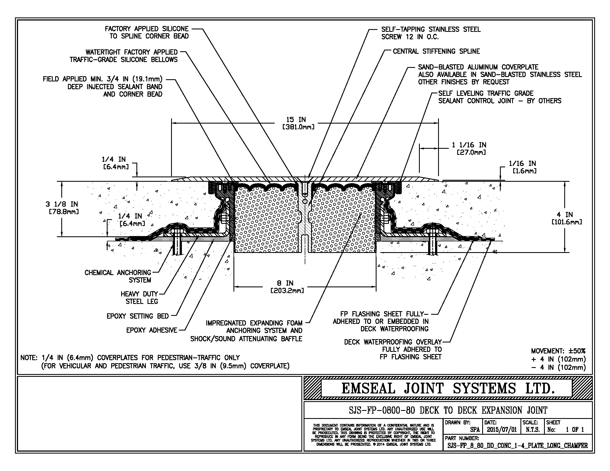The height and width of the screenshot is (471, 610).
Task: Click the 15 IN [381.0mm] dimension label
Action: pos(298,123)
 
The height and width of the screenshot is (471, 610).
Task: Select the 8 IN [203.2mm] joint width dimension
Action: pos(287,287)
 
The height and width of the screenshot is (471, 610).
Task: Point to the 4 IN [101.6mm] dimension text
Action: pos(567,218)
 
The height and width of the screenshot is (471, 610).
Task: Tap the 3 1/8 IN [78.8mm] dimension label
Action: pos(62,208)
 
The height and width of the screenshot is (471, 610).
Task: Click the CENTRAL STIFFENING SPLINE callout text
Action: pos(436,51)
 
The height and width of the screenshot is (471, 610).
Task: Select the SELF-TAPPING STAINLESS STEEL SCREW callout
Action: pos(431,33)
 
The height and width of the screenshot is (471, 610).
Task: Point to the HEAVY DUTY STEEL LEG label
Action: pos(139,298)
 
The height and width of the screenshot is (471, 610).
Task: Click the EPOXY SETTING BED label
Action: pos(138,316)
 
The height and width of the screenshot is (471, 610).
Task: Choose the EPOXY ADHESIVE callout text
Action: pos(152,330)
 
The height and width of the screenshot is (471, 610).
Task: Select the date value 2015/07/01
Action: pos(502,430)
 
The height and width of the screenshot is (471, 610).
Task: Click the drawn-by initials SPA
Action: pos(475,430)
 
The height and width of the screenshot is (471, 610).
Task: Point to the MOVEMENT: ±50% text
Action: pos(558,351)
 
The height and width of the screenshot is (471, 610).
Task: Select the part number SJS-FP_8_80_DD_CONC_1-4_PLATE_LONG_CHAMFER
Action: pos(518,446)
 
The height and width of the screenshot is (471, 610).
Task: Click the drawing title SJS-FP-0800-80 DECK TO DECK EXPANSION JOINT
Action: pos(448,410)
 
